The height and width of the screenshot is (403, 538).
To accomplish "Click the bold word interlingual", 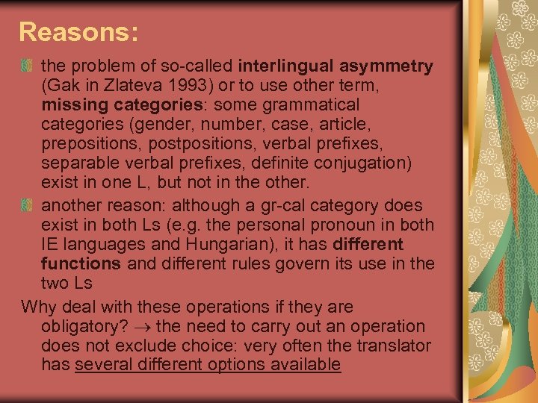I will pyautogui.click(x=292, y=66).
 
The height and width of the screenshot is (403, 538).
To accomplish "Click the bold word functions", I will pyautogui.click(x=81, y=263).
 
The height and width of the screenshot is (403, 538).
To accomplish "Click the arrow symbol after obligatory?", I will pyautogui.click(x=148, y=327).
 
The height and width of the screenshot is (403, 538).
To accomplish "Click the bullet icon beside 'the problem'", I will pyautogui.click(x=28, y=66).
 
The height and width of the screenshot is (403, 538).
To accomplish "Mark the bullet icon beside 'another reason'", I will pyautogui.click(x=28, y=204).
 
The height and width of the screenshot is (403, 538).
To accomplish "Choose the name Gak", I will pyautogui.click(x=62, y=87).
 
